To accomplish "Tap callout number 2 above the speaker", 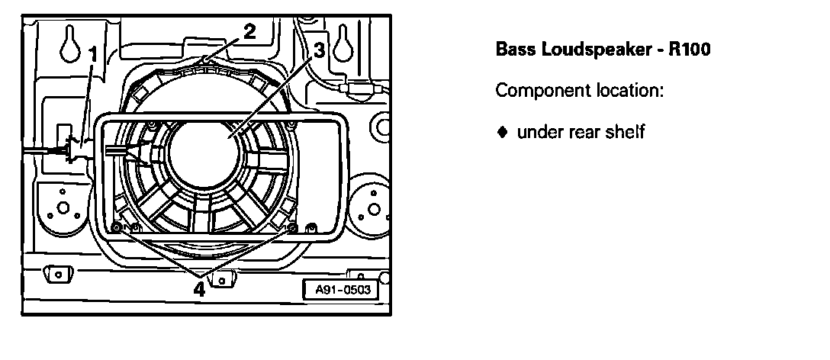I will [249, 31].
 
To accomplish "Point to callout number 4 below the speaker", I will [199, 289].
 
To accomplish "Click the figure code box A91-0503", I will [342, 290].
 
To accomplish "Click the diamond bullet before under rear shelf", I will [502, 132].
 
